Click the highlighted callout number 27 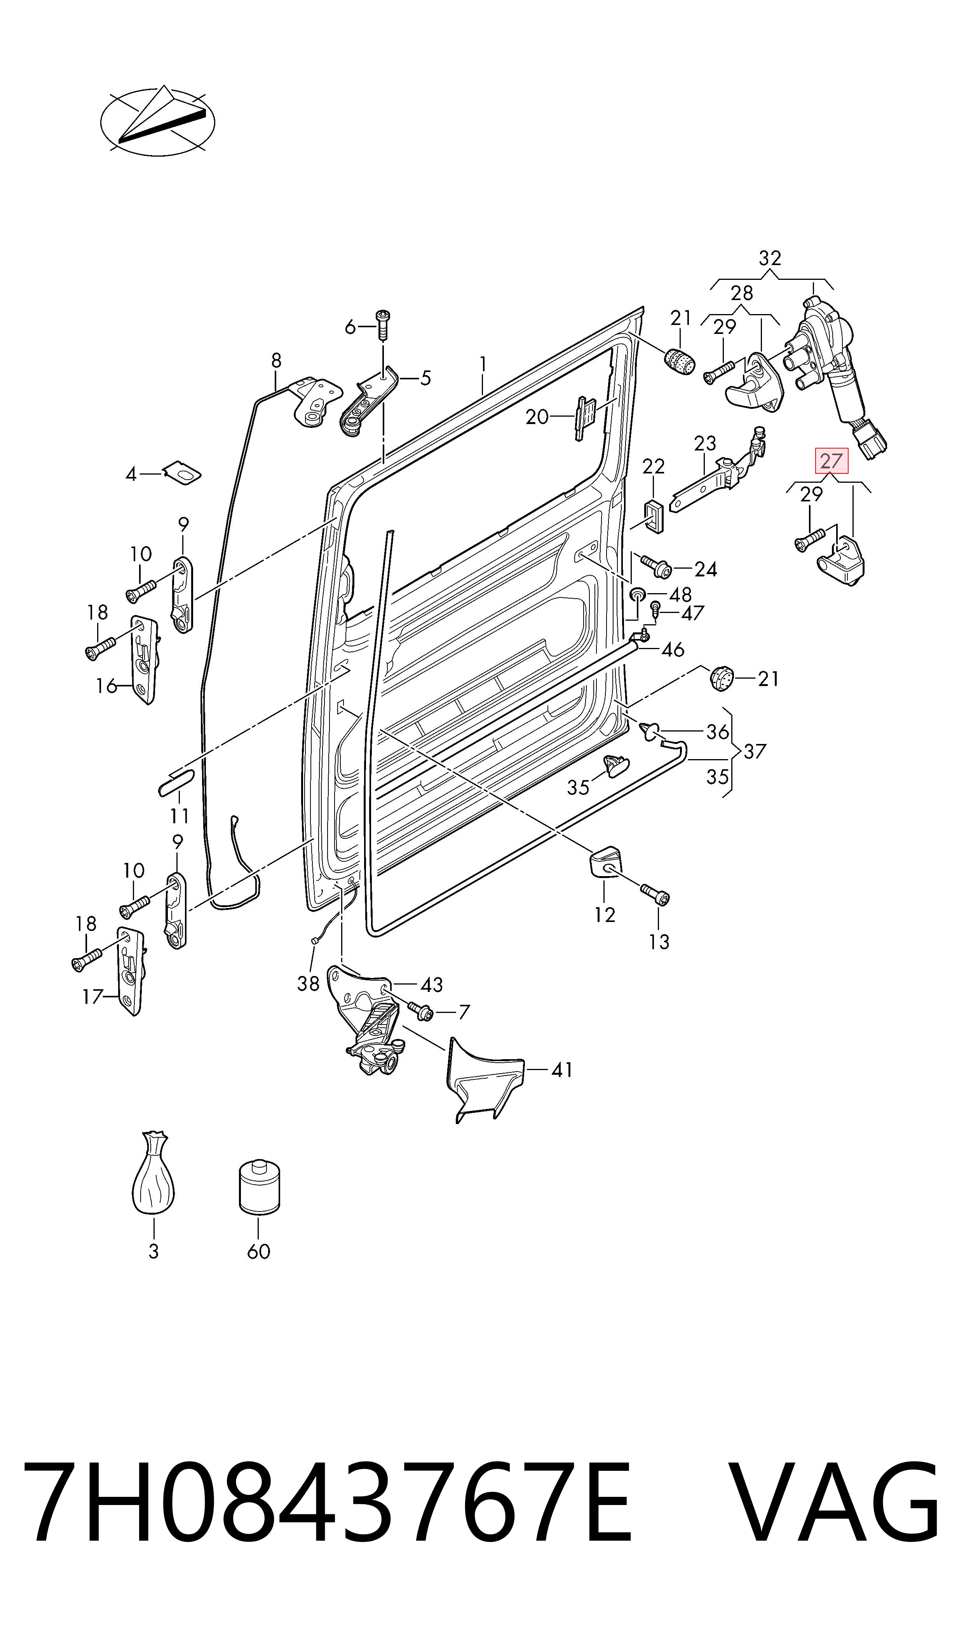point(832,461)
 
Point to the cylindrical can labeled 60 point(259,1184)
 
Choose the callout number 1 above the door point(483,363)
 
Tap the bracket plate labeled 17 point(131,971)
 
